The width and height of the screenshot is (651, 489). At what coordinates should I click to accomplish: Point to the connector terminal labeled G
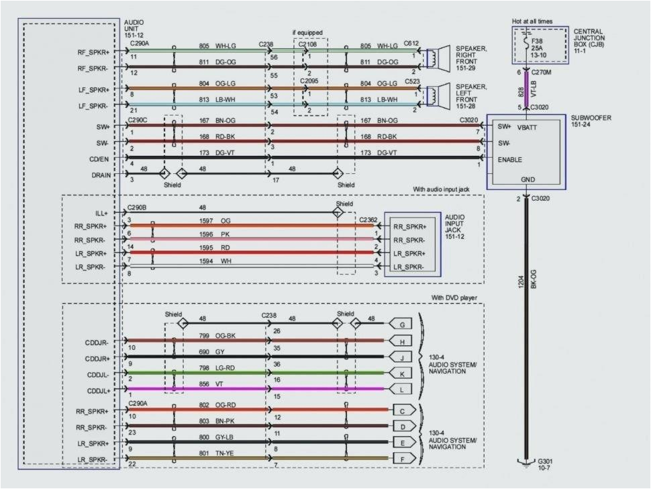coord(401,324)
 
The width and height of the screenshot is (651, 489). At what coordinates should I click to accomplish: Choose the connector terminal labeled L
coord(401,390)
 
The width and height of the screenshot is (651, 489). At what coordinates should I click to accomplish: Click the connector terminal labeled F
coord(401,459)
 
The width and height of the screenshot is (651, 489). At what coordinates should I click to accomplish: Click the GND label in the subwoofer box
coord(528,180)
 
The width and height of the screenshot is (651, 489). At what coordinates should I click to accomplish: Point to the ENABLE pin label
coord(511,160)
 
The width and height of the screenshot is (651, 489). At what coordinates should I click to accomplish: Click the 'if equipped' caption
coord(307,32)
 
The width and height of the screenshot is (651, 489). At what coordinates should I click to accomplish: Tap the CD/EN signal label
coord(99,159)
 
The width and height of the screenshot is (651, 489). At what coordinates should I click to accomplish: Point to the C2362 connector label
coord(368,219)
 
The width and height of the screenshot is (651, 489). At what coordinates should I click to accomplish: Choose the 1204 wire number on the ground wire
coord(521,282)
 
